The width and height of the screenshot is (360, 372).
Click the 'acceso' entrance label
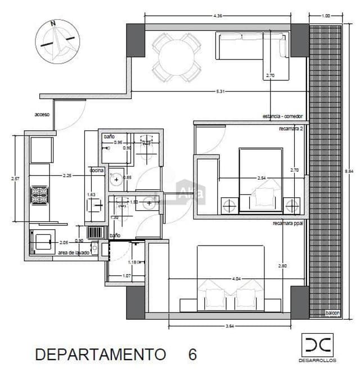tap(42, 114)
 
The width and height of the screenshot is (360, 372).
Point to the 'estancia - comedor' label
tap(282, 116)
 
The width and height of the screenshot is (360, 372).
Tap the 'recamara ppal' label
tap(289, 223)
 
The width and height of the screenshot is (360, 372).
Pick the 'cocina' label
tap(96, 170)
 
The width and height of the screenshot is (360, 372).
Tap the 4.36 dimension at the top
tap(218, 16)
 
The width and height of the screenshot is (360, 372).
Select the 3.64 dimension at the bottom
tap(229, 326)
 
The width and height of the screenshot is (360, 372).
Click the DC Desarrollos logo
tap(317, 347)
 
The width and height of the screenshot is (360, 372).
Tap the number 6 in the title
tap(192, 355)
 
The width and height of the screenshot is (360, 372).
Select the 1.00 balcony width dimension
tap(326, 16)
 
